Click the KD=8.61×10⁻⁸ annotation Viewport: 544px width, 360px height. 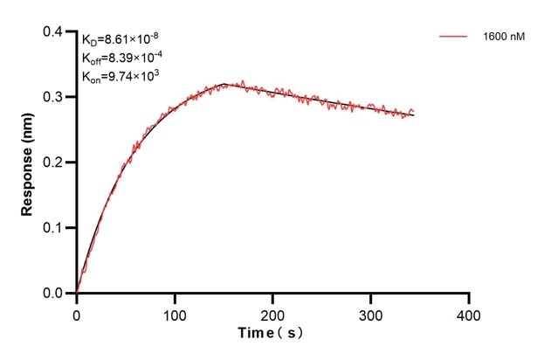121,39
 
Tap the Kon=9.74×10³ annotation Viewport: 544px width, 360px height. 121,76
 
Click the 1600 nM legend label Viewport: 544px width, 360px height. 503,37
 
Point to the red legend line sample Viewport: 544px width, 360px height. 454,37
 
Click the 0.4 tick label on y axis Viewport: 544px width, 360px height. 54,31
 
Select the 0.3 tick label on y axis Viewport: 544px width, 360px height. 54,97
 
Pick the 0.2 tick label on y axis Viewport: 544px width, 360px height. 54,163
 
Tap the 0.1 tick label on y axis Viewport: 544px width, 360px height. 54,228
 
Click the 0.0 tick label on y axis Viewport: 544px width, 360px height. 54,294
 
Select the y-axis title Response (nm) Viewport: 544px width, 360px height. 28,162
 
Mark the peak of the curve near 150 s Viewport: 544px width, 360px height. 224,84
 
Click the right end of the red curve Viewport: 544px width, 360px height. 414,113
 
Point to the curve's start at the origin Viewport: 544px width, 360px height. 77,293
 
